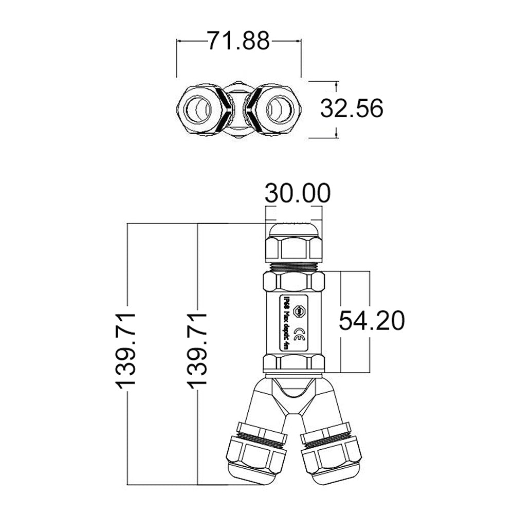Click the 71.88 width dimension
[238, 41]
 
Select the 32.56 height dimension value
[352, 109]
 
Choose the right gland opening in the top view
[278, 109]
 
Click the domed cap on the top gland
[293, 229]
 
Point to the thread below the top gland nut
[293, 266]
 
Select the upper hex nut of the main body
[293, 282]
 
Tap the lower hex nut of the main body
[293, 362]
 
